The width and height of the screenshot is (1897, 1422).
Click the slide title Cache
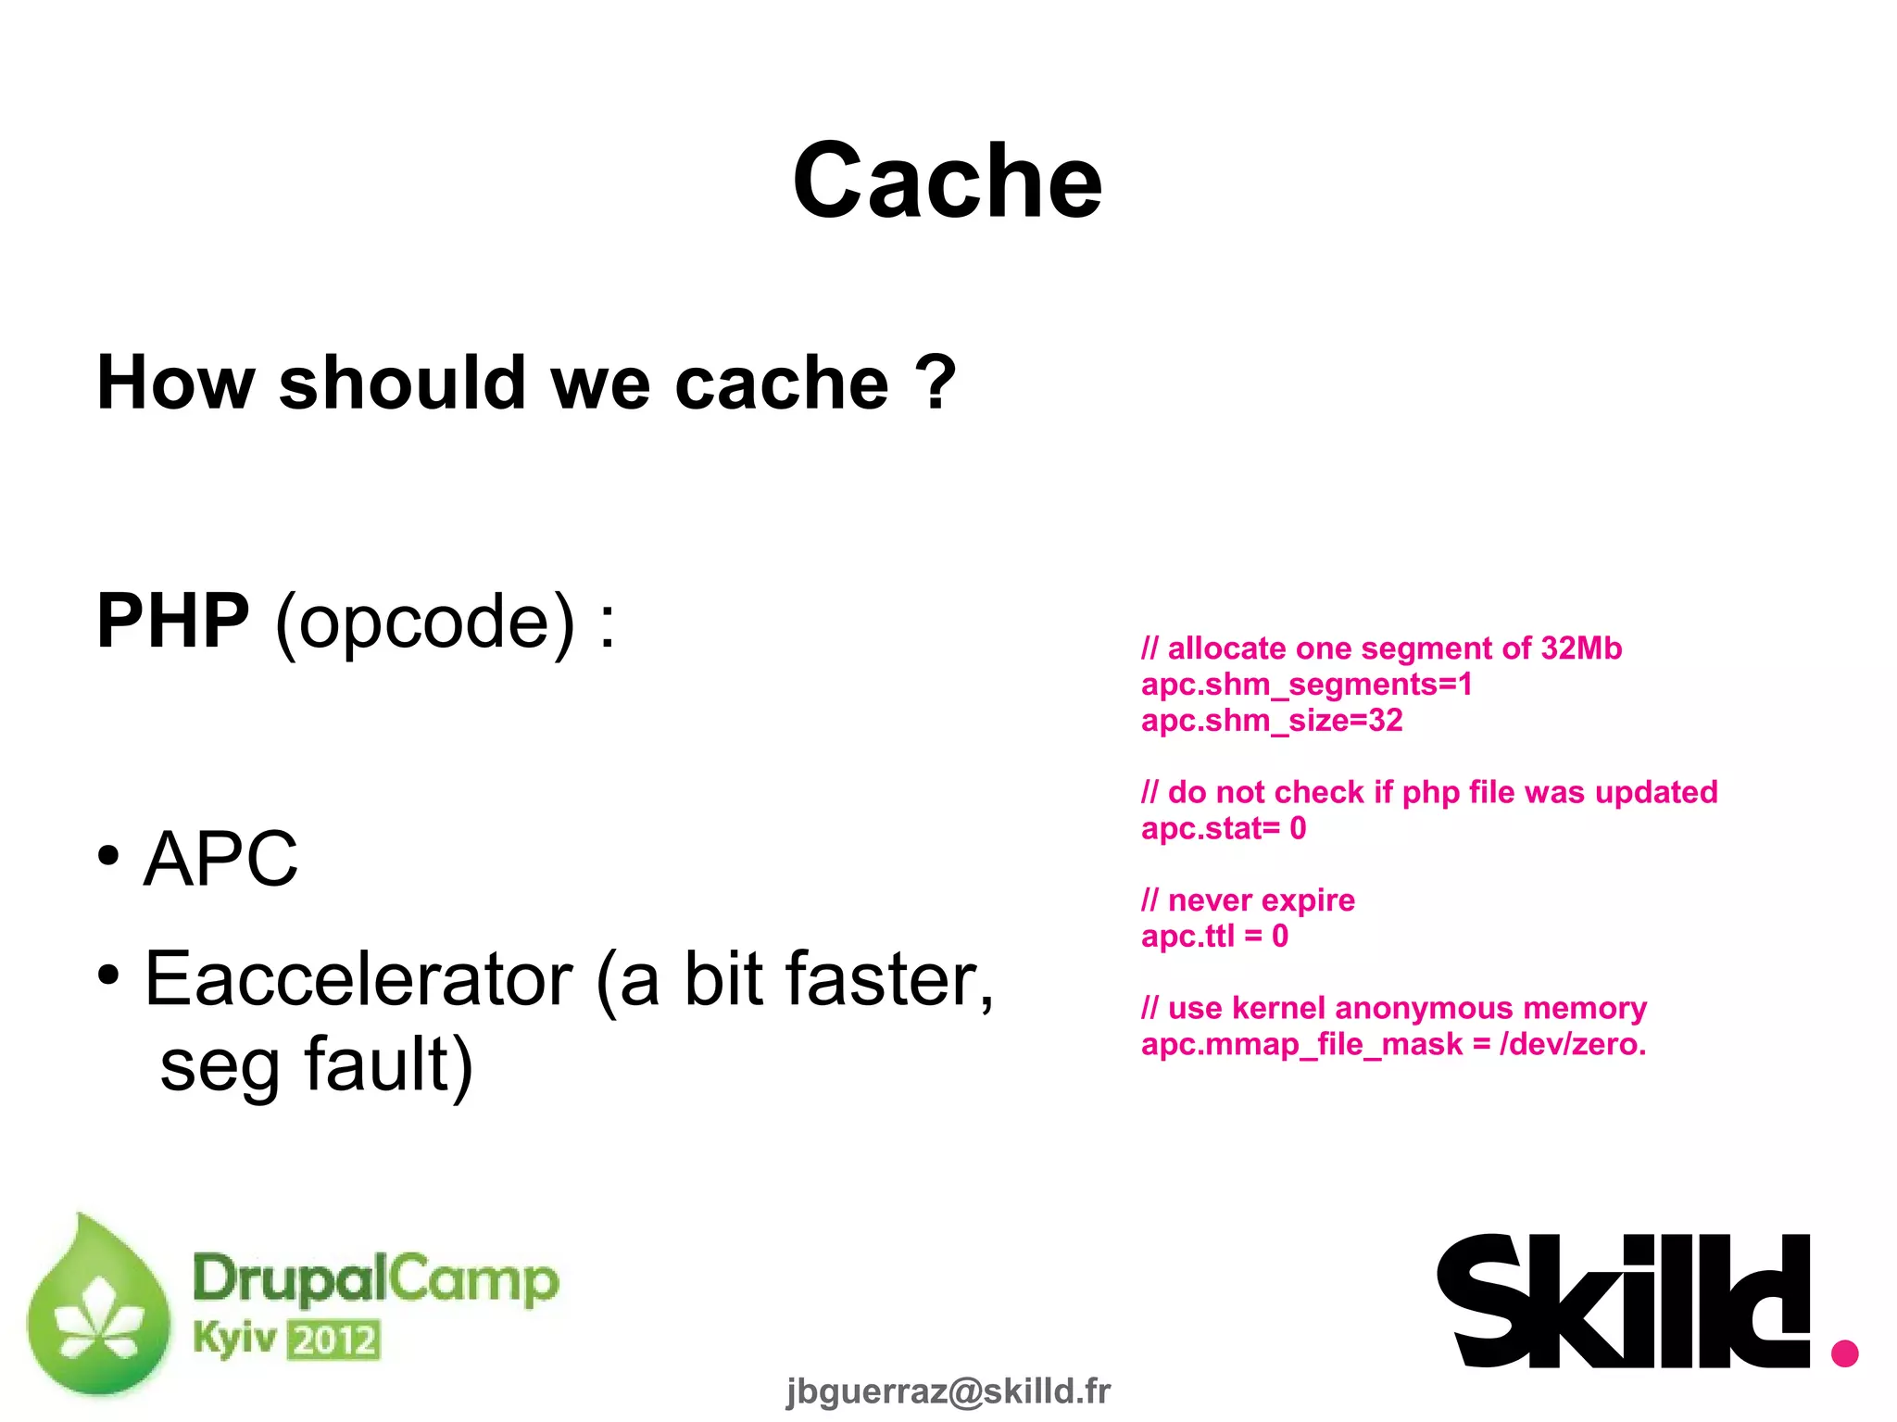pos(947,182)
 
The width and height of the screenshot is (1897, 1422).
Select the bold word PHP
pos(173,621)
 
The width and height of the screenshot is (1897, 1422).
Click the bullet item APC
pos(220,859)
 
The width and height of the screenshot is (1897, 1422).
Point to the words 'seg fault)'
pos(317,1065)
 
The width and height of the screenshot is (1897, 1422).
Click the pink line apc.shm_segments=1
pos(1306,685)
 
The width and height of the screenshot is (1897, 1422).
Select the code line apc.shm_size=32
pos(1272,721)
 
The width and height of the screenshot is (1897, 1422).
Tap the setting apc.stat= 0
pos(1223,828)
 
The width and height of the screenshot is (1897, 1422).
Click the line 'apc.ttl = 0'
pos(1214,937)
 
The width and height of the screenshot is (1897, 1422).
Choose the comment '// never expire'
pos(1248,900)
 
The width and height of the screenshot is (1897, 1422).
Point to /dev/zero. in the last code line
pos(1573,1044)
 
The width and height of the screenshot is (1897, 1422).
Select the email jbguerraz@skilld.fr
pos(948,1391)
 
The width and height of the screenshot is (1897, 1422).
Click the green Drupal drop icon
pos(97,1306)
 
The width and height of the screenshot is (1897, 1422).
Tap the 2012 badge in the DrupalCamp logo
pos(333,1340)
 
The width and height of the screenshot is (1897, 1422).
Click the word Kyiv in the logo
pos(234,1338)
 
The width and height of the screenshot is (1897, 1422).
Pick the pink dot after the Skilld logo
pos(1844,1353)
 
